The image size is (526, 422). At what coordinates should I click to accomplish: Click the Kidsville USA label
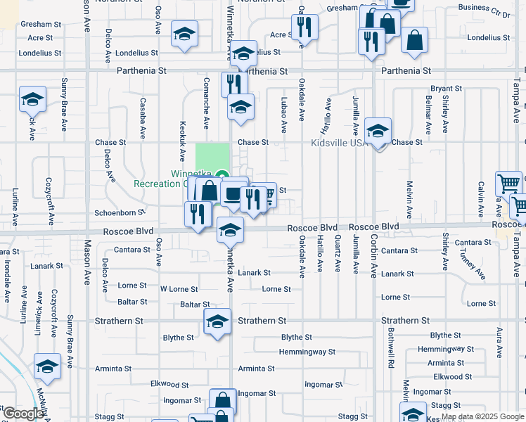[340, 143]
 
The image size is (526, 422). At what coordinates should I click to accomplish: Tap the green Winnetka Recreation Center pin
[222, 175]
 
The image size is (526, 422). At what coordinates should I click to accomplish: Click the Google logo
[23, 414]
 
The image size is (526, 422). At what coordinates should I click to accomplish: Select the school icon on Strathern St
[218, 322]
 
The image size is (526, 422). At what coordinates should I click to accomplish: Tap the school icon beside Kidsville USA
[378, 131]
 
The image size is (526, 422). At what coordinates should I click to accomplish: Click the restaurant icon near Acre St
[304, 27]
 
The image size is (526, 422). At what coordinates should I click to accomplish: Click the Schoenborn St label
[120, 212]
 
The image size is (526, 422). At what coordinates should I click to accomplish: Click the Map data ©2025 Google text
[482, 416]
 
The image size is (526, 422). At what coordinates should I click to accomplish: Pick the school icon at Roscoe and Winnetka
[230, 229]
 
